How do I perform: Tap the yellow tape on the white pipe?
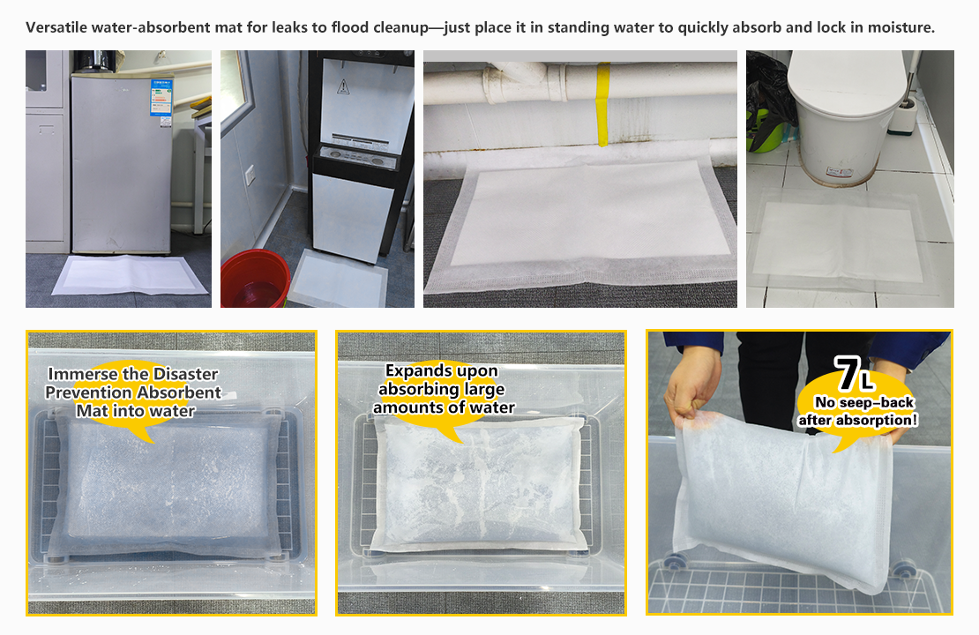602,104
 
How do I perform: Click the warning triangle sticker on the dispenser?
343,86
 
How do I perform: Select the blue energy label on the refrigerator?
161,97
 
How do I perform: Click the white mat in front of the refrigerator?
130,275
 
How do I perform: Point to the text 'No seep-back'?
864,403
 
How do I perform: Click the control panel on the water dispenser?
357,156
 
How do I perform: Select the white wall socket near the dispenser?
250,175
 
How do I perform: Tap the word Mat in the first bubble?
91,411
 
